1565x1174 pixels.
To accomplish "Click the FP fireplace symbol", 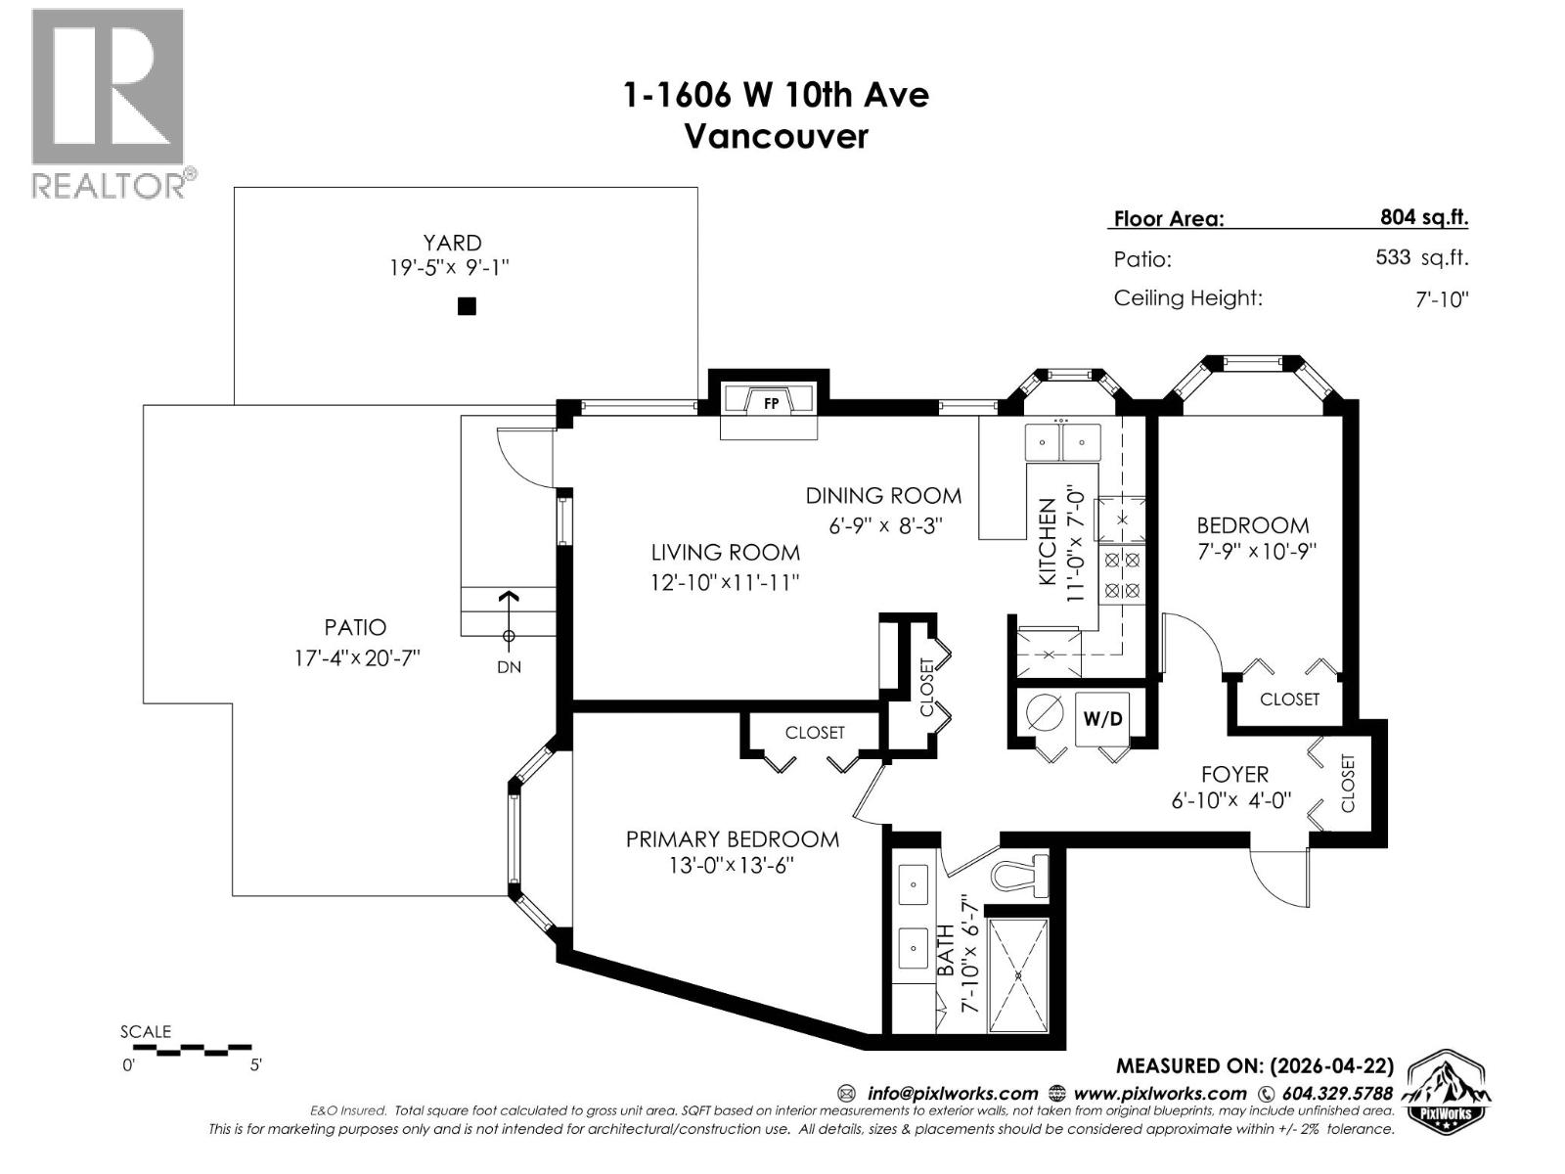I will click(770, 402).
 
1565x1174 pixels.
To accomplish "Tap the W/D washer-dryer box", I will click(1102, 719).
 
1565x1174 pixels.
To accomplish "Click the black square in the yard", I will click(467, 306).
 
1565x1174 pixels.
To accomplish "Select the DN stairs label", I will click(509, 667).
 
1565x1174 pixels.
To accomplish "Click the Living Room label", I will click(726, 553).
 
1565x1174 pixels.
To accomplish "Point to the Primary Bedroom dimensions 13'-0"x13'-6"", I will click(732, 866).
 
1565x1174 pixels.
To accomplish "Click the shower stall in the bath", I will click(1018, 975).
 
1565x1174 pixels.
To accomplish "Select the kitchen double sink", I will click(1061, 442).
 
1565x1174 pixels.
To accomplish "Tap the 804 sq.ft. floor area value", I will click(1423, 217).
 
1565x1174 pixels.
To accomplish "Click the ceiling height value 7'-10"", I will click(1441, 299).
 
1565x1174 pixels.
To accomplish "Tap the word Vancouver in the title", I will click(775, 136).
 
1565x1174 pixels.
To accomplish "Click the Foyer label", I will click(1234, 775).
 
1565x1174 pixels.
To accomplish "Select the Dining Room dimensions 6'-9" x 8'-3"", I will click(885, 525).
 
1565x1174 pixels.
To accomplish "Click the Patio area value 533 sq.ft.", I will click(1421, 258).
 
